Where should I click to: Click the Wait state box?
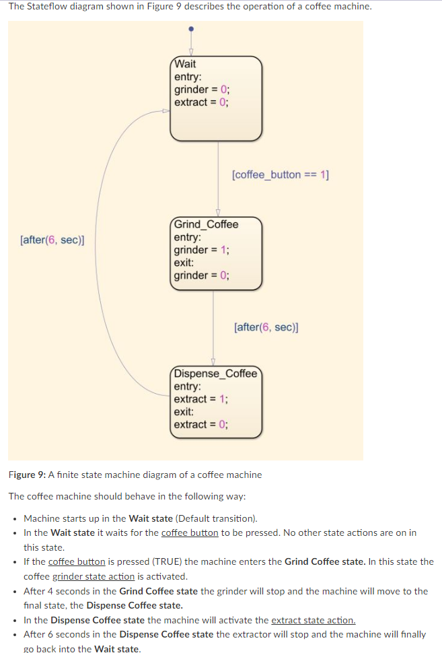[215, 98]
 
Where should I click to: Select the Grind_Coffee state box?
[215, 253]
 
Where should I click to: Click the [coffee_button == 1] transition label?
[280, 174]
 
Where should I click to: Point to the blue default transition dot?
[191, 29]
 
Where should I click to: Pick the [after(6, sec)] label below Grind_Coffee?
[266, 327]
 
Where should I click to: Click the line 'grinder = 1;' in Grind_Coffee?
[201, 250]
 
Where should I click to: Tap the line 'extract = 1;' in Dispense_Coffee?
[200, 399]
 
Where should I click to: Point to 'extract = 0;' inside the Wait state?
[200, 102]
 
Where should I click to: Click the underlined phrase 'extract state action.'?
[313, 620]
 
